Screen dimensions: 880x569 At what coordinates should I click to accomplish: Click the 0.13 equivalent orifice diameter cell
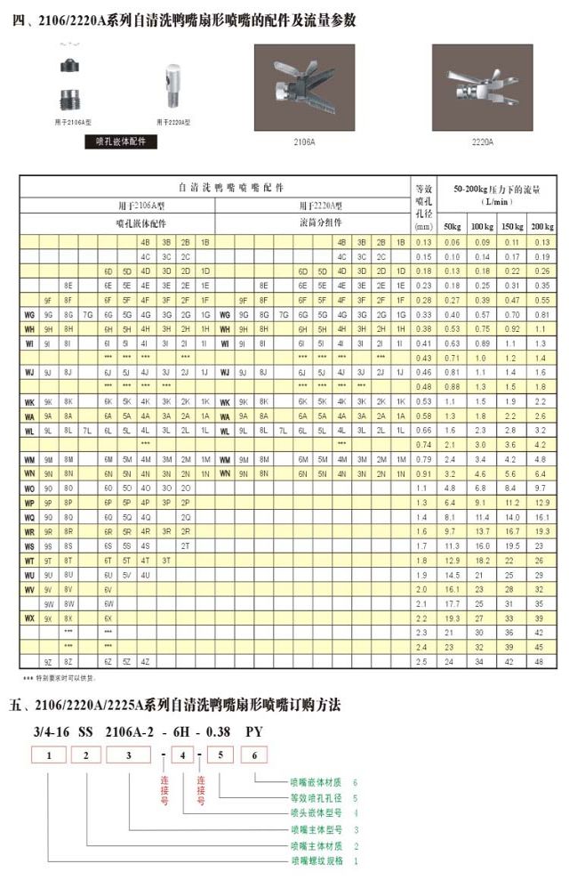pos(423,243)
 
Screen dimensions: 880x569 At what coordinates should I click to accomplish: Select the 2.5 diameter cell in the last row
pos(423,662)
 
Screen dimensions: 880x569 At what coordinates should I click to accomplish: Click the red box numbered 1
pos(51,755)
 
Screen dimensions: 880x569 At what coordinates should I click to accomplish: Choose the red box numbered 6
pos(254,755)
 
